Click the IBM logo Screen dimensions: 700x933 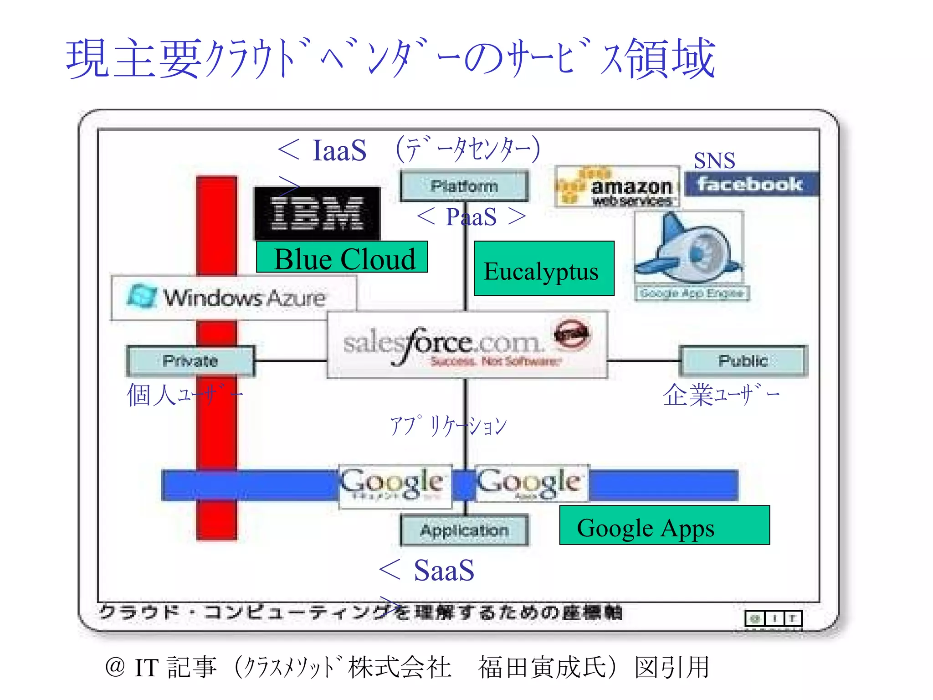click(x=317, y=213)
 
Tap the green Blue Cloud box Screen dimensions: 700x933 click(x=342, y=257)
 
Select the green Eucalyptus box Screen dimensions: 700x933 click(x=544, y=269)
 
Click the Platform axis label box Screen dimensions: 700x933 click(x=464, y=185)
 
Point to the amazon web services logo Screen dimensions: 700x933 click(x=617, y=187)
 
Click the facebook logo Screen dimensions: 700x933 click(x=751, y=184)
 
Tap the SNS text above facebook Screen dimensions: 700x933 click(x=714, y=160)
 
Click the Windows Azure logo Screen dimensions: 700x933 click(x=233, y=298)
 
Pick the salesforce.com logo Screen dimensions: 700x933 click(x=467, y=345)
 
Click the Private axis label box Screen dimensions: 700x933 click(x=190, y=361)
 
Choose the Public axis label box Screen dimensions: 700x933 click(x=743, y=361)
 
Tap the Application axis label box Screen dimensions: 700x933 click(x=464, y=530)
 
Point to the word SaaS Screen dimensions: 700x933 click(x=444, y=570)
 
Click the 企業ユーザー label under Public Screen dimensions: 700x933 click(x=721, y=395)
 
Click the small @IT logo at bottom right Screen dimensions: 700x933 click(x=773, y=618)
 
